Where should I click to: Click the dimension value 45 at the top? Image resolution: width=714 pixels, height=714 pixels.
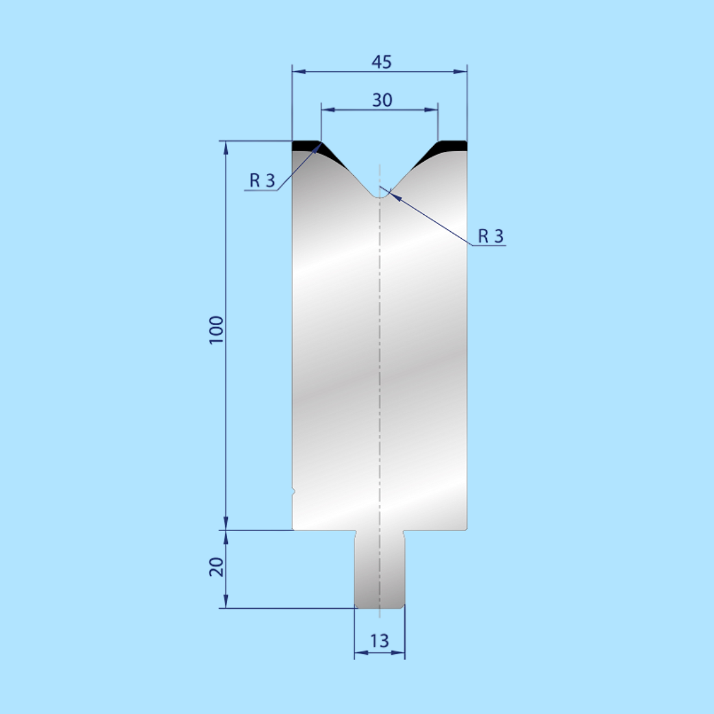pyautogui.click(x=382, y=62)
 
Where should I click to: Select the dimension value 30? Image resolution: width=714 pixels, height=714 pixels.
pyautogui.click(x=382, y=100)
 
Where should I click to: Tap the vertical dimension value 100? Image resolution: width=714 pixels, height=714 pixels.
pyautogui.click(x=216, y=330)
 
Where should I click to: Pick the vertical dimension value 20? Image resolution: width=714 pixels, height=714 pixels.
pyautogui.click(x=216, y=567)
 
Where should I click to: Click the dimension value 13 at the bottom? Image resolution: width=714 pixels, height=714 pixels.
pyautogui.click(x=379, y=641)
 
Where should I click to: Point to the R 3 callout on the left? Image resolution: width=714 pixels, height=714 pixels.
pyautogui.click(x=262, y=180)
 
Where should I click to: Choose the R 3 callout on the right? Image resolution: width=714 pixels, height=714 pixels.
pyautogui.click(x=491, y=236)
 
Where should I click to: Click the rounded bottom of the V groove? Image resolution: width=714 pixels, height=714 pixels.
pyautogui.click(x=380, y=193)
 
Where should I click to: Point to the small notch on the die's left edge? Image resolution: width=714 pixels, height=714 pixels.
pyautogui.click(x=293, y=491)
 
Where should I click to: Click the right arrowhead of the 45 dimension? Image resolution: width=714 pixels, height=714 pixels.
pyautogui.click(x=461, y=72)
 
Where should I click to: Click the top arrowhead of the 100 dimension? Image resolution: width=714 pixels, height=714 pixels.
pyautogui.click(x=226, y=148)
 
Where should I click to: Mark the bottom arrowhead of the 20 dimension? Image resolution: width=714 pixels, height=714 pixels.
pyautogui.click(x=226, y=602)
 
